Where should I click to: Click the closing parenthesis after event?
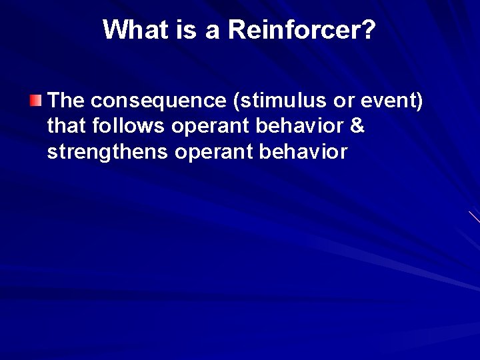(x=419, y=101)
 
